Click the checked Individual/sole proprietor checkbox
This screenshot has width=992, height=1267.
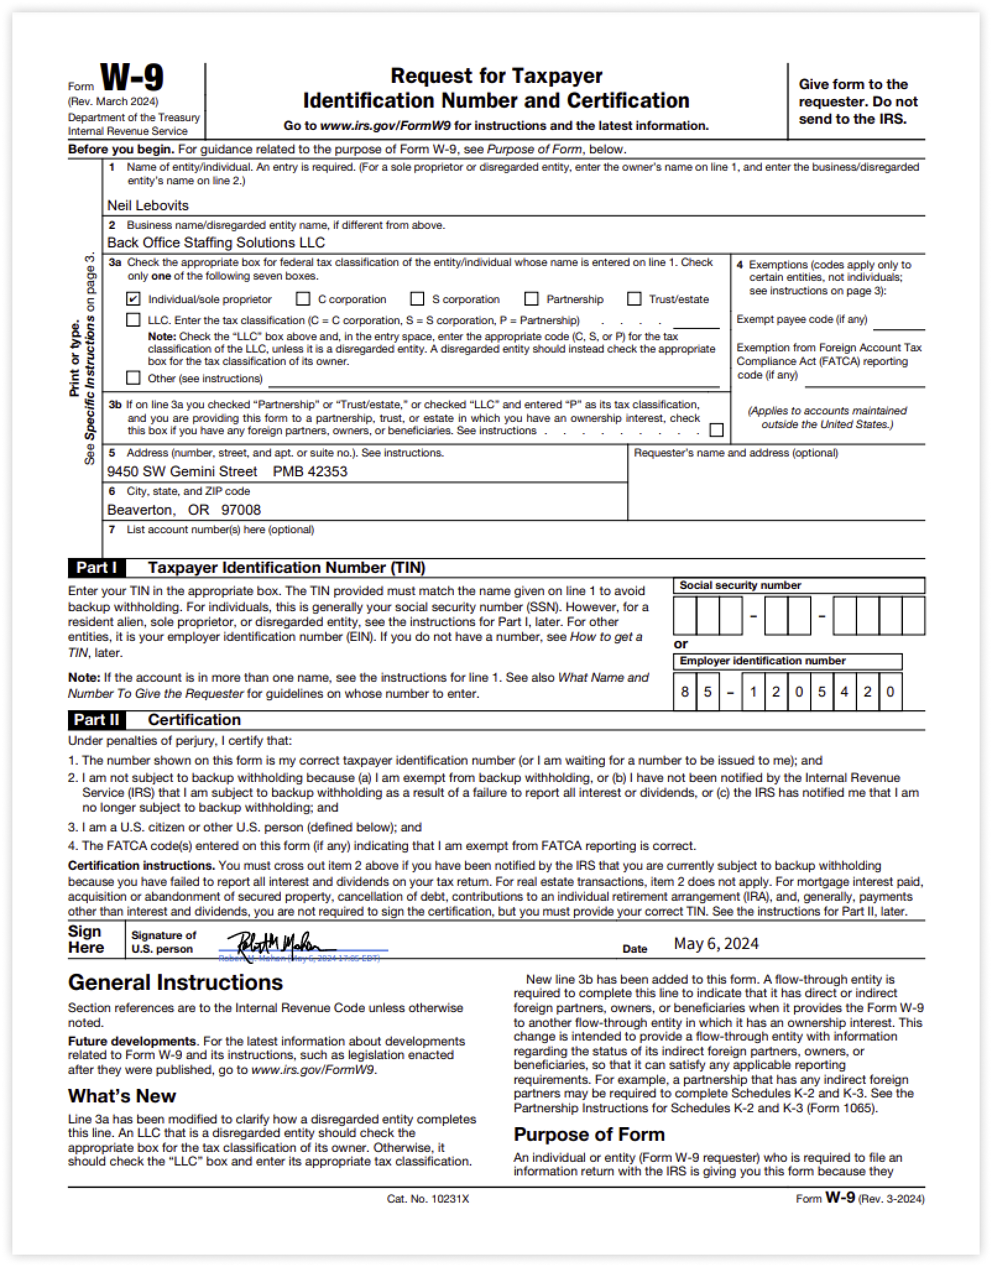pos(133,299)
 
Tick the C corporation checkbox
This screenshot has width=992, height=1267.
pos(303,299)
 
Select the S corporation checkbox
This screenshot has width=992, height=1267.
pos(417,299)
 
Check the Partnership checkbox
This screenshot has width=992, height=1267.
pos(531,299)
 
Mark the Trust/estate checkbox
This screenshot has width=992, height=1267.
pos(634,299)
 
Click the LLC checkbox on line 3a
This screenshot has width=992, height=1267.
pos(133,320)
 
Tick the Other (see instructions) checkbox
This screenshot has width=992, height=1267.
pos(133,377)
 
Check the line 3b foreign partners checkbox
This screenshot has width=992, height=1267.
pos(716,429)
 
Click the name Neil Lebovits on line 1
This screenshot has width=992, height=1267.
pos(148,205)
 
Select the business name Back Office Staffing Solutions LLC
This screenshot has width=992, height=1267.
pos(216,243)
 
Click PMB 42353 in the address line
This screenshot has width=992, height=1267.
pos(310,471)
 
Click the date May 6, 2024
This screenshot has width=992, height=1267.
pos(716,943)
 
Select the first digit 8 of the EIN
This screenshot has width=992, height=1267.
pos(685,692)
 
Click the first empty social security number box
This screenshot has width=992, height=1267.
pos(685,616)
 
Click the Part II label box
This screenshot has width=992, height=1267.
pos(96,719)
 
